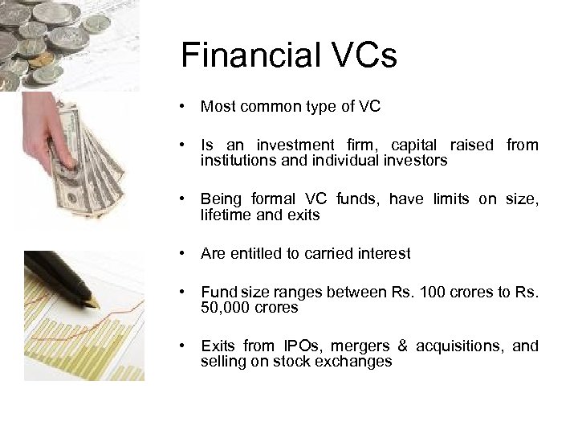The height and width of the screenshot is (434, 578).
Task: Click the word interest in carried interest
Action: tap(384, 254)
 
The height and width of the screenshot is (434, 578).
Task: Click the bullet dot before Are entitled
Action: tap(185, 254)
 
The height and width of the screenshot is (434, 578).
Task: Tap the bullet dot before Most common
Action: tap(185, 106)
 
